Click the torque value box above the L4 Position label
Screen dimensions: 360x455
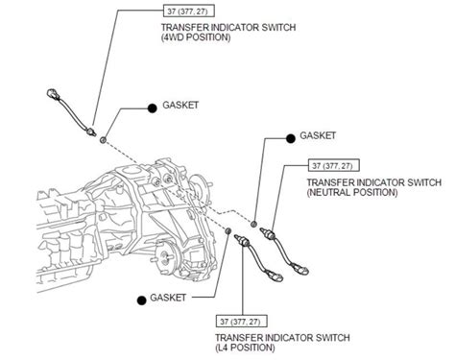242,320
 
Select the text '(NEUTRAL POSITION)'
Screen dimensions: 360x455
352,192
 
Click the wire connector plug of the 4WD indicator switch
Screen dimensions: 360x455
52,95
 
